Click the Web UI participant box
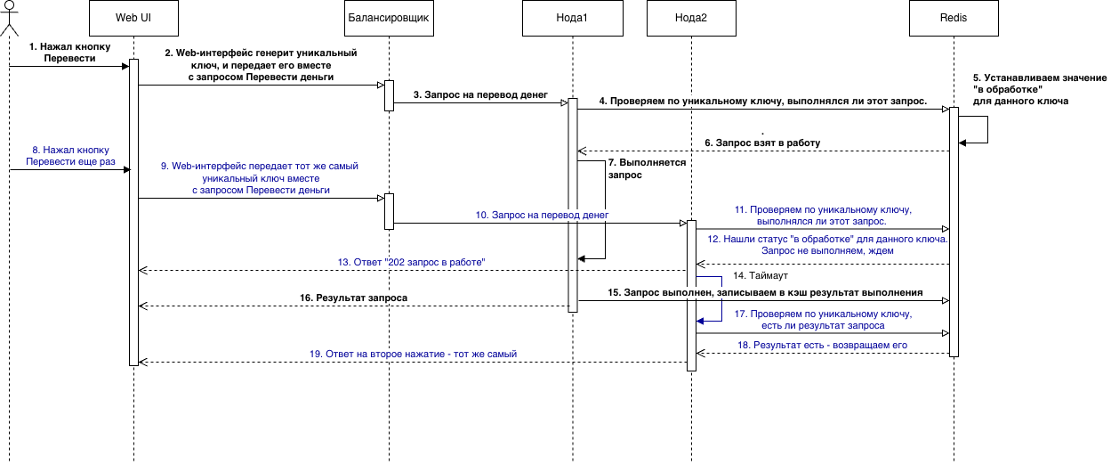pyautogui.click(x=133, y=18)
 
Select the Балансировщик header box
pyautogui.click(x=389, y=18)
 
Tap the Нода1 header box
pyautogui.click(x=572, y=18)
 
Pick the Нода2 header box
pyautogui.click(x=691, y=18)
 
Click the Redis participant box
pyautogui.click(x=954, y=18)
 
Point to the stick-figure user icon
pyautogui.click(x=9, y=19)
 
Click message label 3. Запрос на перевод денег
pyautogui.click(x=480, y=94)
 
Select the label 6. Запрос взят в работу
pyautogui.click(x=762, y=143)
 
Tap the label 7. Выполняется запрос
pyautogui.click(x=647, y=168)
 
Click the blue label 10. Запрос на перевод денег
pyautogui.click(x=542, y=215)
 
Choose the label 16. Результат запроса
pyautogui.click(x=353, y=298)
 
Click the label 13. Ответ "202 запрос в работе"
pyautogui.click(x=411, y=262)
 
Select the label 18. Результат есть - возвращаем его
pyautogui.click(x=822, y=345)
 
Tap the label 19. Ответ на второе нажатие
pyautogui.click(x=413, y=354)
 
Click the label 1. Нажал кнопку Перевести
pyautogui.click(x=69, y=53)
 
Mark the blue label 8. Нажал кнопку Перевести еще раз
pyautogui.click(x=70, y=156)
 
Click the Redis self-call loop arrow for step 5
pyautogui.click(x=987, y=130)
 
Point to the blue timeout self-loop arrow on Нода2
pyautogui.click(x=721, y=298)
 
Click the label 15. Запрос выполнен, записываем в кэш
pyautogui.click(x=765, y=292)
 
